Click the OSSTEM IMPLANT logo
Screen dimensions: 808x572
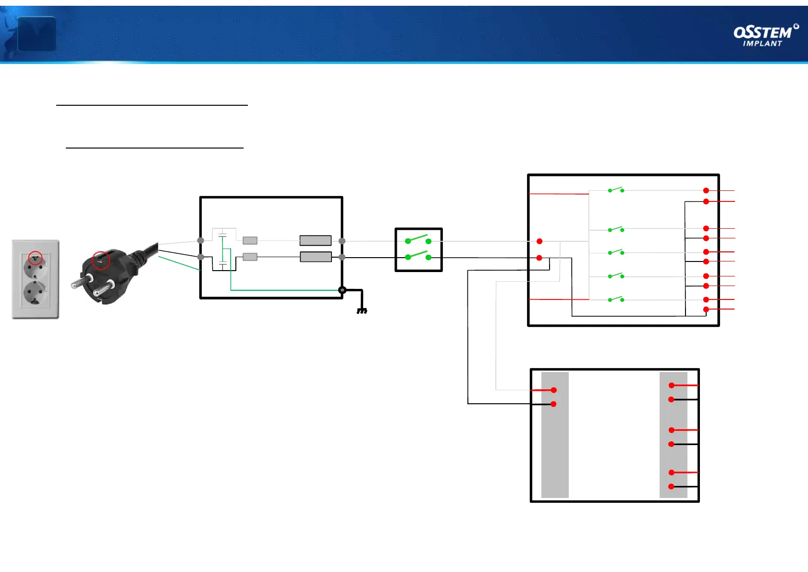[x=766, y=36]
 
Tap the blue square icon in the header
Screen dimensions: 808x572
[x=37, y=34]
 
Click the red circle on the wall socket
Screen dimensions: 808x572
[x=35, y=258]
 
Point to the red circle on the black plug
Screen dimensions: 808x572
[x=101, y=260]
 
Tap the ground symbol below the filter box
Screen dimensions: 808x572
[x=362, y=311]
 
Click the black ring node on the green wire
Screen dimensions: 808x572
[x=342, y=290]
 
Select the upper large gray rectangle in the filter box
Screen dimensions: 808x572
[x=315, y=240]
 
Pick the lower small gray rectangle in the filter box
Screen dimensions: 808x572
[x=250, y=257]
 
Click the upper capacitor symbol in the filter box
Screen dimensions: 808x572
[x=222, y=235]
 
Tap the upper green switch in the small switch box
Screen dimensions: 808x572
[x=418, y=239]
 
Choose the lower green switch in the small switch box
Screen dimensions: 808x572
[x=418, y=255]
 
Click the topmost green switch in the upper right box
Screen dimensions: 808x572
[x=616, y=190]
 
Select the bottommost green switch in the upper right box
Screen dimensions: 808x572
[x=616, y=299]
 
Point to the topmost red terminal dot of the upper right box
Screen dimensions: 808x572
[x=706, y=191]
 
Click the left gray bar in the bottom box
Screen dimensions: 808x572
[x=555, y=435]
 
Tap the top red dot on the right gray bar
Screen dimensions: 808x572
[x=672, y=385]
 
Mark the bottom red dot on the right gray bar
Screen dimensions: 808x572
[x=672, y=486]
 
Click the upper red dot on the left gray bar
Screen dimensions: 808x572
[x=554, y=390]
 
